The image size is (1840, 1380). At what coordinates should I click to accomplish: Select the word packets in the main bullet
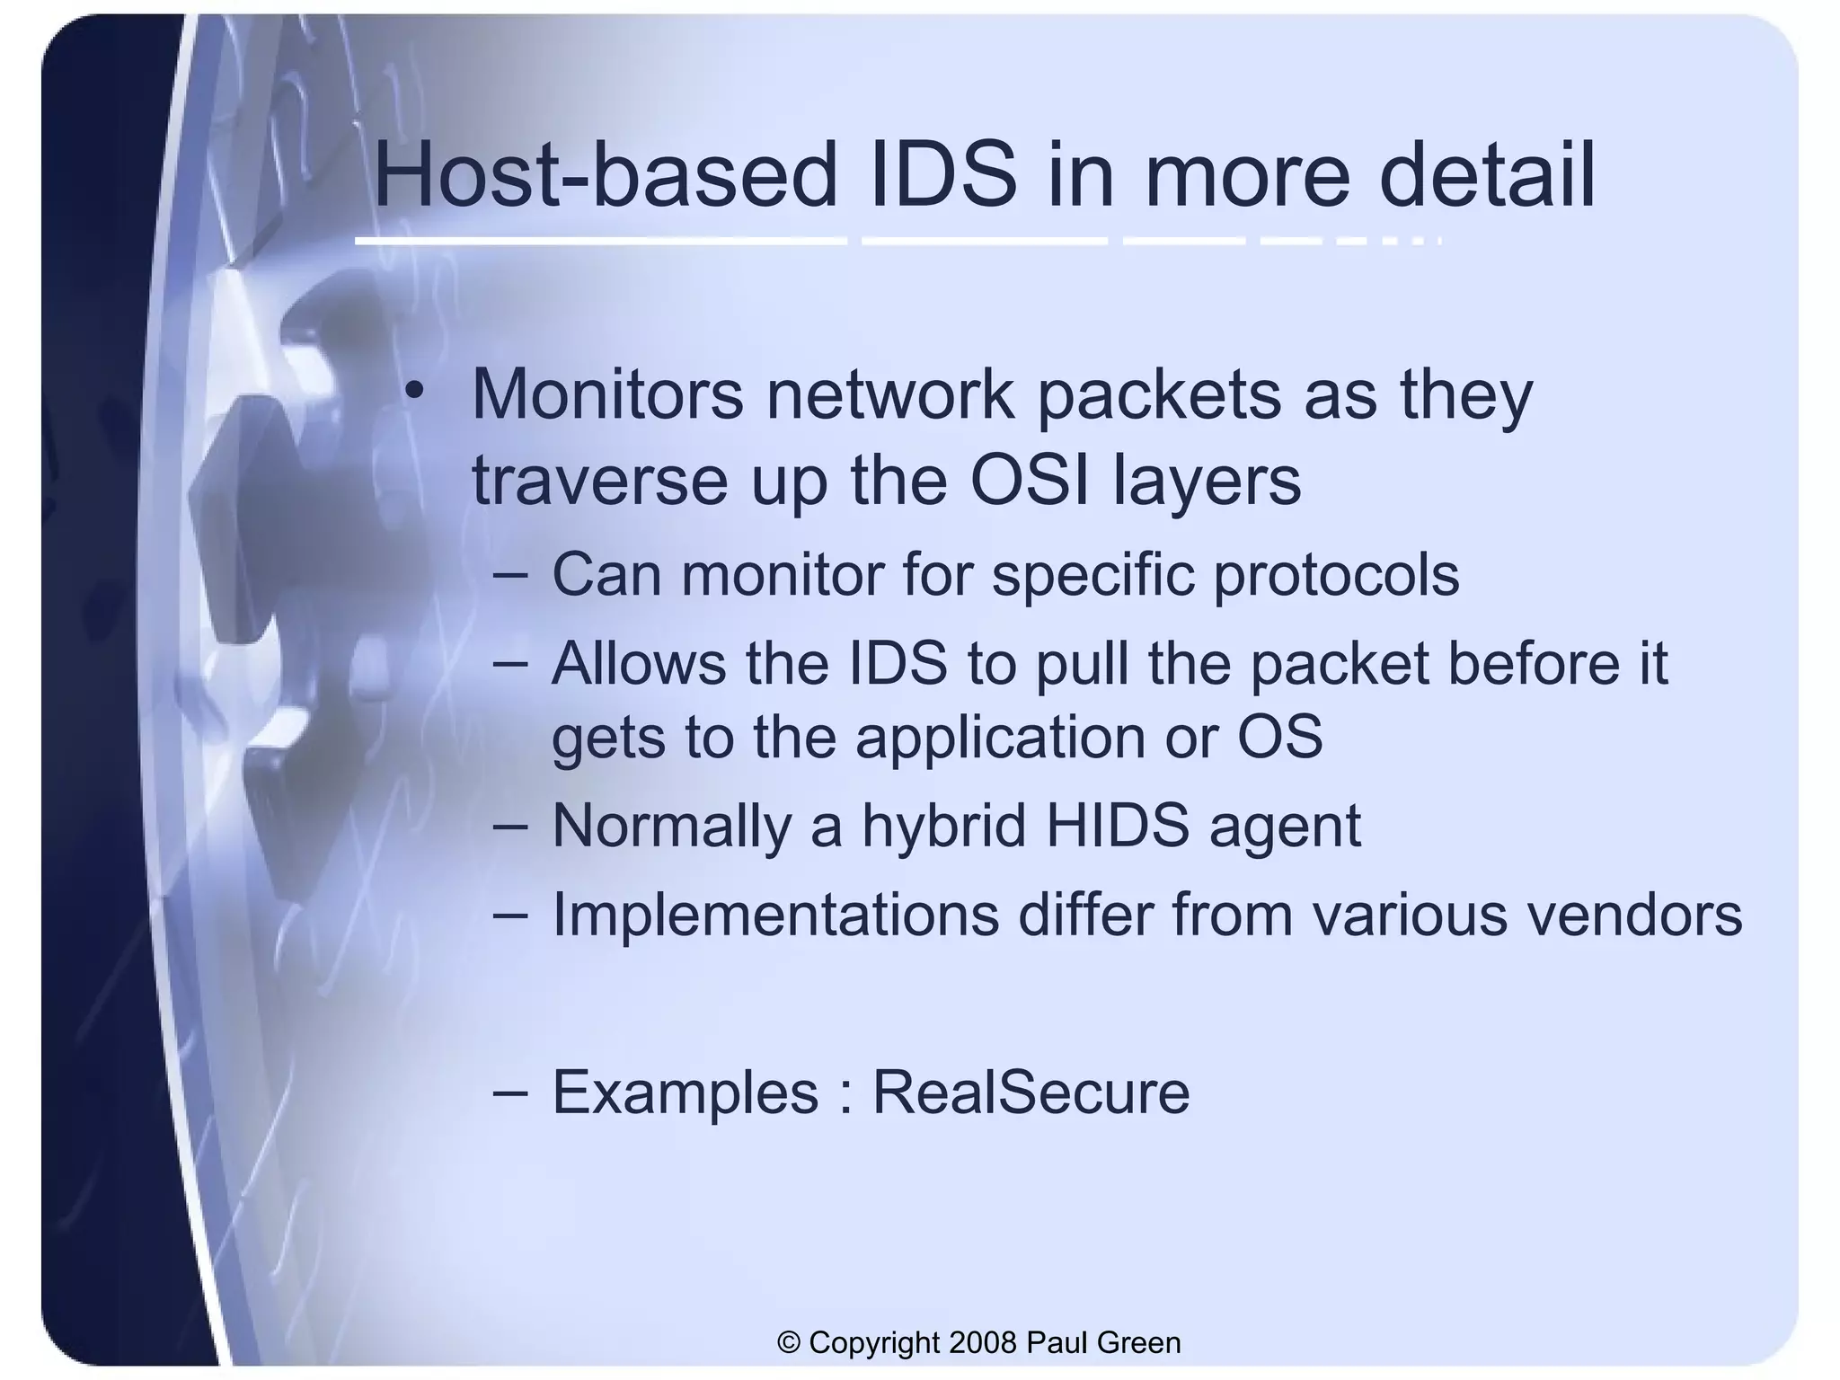[1159, 395]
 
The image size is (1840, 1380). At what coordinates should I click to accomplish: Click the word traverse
[600, 482]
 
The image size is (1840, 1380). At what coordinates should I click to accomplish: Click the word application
[1000, 739]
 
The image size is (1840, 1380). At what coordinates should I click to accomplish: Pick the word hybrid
[943, 827]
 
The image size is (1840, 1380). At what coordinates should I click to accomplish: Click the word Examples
[685, 1094]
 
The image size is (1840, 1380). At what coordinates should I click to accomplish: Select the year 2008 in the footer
[982, 1342]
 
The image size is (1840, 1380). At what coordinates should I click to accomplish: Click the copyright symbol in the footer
[789, 1342]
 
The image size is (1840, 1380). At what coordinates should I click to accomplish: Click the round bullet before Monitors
[413, 391]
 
